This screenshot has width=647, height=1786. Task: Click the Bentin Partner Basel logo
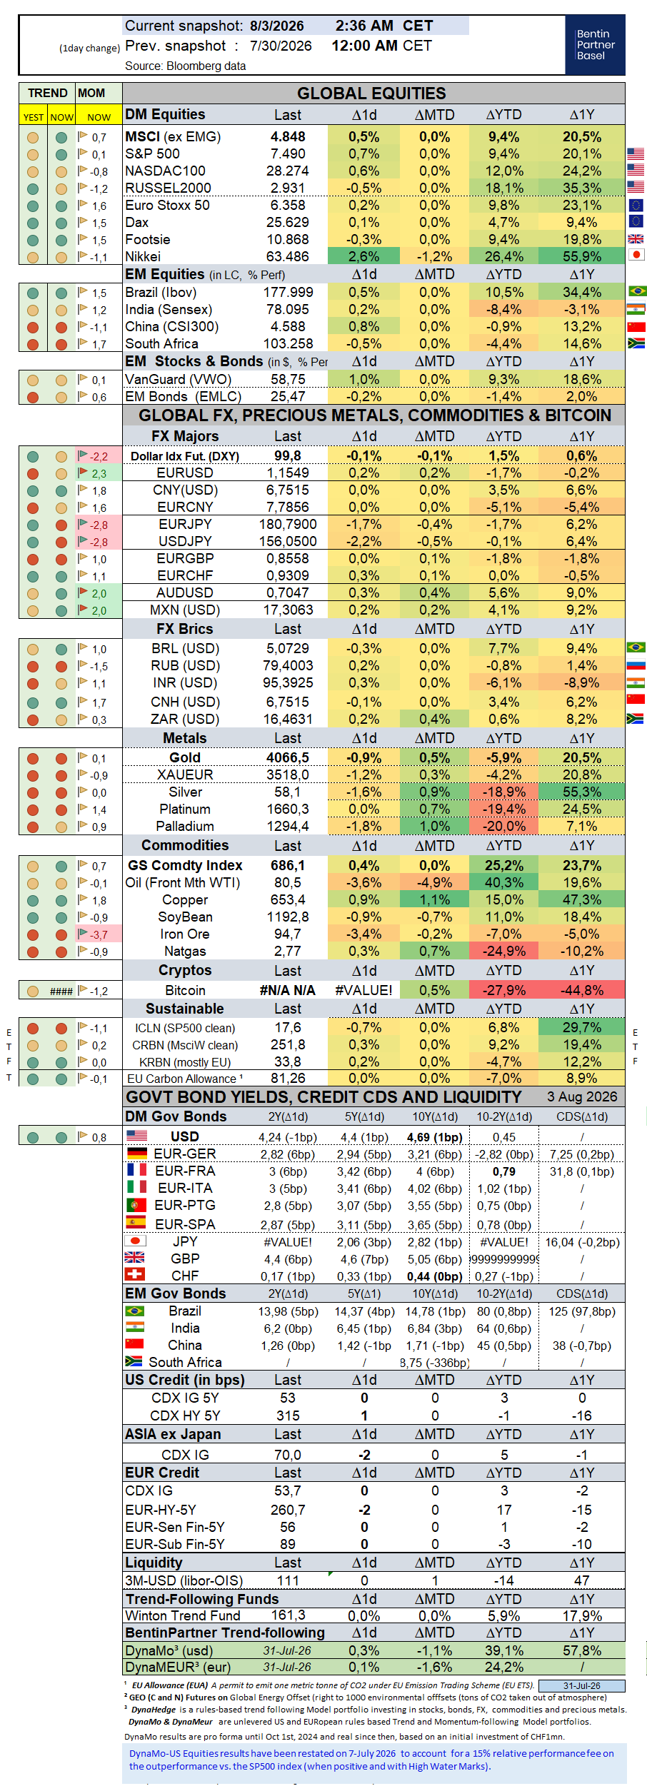(x=595, y=44)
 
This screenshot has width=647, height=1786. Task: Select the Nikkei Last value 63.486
(x=288, y=257)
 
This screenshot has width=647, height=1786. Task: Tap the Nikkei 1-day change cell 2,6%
(x=363, y=257)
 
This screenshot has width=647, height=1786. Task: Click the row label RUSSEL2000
(x=168, y=188)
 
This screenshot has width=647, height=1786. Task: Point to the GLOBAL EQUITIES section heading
(x=371, y=94)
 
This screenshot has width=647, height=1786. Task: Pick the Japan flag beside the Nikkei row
(x=636, y=254)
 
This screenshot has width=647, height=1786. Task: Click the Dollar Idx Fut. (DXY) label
(x=185, y=456)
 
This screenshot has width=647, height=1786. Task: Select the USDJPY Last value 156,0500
(x=288, y=542)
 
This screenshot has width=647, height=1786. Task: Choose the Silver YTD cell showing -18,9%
(x=504, y=792)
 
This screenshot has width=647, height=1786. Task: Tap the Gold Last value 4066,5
(x=288, y=758)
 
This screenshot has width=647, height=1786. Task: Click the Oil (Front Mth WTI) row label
(x=183, y=883)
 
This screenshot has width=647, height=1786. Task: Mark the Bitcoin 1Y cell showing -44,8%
(x=582, y=991)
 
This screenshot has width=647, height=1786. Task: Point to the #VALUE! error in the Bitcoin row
(x=363, y=991)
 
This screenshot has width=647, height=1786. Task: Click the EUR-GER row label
(x=185, y=1154)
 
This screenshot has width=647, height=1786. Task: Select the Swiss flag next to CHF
(x=135, y=1274)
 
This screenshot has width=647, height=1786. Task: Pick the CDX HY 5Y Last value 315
(x=288, y=1416)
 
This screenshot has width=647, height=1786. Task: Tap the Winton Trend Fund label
(x=183, y=1615)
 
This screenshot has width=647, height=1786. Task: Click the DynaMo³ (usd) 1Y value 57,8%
(x=582, y=1650)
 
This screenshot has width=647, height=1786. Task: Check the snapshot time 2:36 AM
(x=364, y=26)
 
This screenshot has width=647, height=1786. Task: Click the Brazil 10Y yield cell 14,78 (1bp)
(x=435, y=1312)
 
